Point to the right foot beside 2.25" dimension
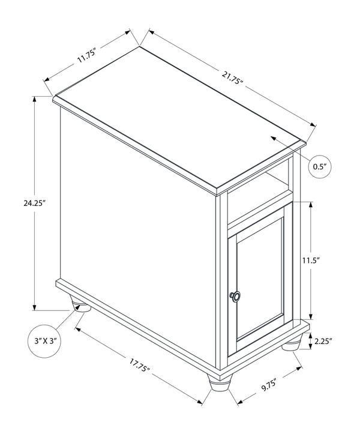tap(292, 343)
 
